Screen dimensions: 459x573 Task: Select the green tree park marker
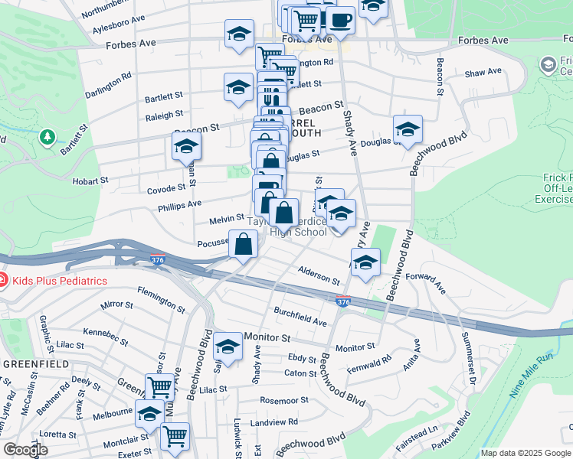tap(47, 137)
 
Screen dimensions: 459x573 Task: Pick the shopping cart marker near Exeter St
tap(175, 436)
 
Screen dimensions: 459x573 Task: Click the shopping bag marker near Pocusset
tap(243, 245)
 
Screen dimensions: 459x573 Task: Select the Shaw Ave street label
tap(483, 72)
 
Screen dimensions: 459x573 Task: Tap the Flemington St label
tap(161, 300)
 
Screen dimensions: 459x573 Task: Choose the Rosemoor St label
tap(284, 400)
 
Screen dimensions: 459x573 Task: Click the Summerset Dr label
tap(468, 359)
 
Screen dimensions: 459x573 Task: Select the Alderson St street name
tap(319, 277)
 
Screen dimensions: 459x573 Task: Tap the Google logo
tap(25, 450)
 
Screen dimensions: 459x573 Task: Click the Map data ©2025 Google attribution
tap(526, 453)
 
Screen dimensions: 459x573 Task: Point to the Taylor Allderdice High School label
tap(297, 227)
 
